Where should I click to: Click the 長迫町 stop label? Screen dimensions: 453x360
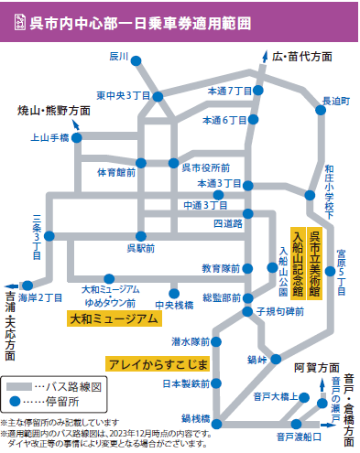[x=336, y=101]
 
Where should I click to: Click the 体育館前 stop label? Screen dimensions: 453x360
[x=116, y=171]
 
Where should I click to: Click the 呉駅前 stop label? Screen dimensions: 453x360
[x=141, y=248]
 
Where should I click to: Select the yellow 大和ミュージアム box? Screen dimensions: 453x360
[x=115, y=318]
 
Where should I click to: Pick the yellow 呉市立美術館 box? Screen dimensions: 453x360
[x=315, y=259]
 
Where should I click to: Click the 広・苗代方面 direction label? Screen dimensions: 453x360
[x=301, y=56]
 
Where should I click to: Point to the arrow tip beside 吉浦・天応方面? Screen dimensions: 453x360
[x=8, y=283]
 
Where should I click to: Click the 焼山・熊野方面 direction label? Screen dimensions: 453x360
[x=54, y=110]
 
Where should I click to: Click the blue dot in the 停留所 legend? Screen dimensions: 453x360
[x=16, y=400]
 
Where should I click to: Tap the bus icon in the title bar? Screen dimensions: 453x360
[x=16, y=21]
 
